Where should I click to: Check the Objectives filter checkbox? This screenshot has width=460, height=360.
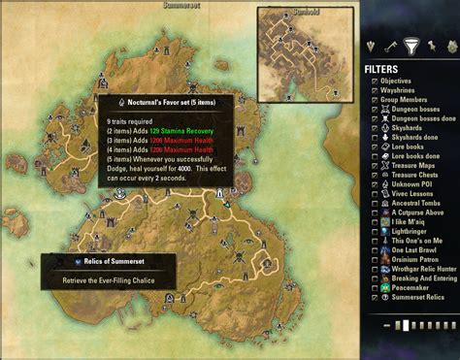(376, 82)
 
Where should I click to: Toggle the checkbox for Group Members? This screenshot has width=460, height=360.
(376, 101)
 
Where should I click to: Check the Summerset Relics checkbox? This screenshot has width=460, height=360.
(376, 298)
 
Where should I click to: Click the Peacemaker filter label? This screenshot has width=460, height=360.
(406, 288)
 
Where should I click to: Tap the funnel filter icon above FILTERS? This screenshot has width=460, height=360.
(410, 46)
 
